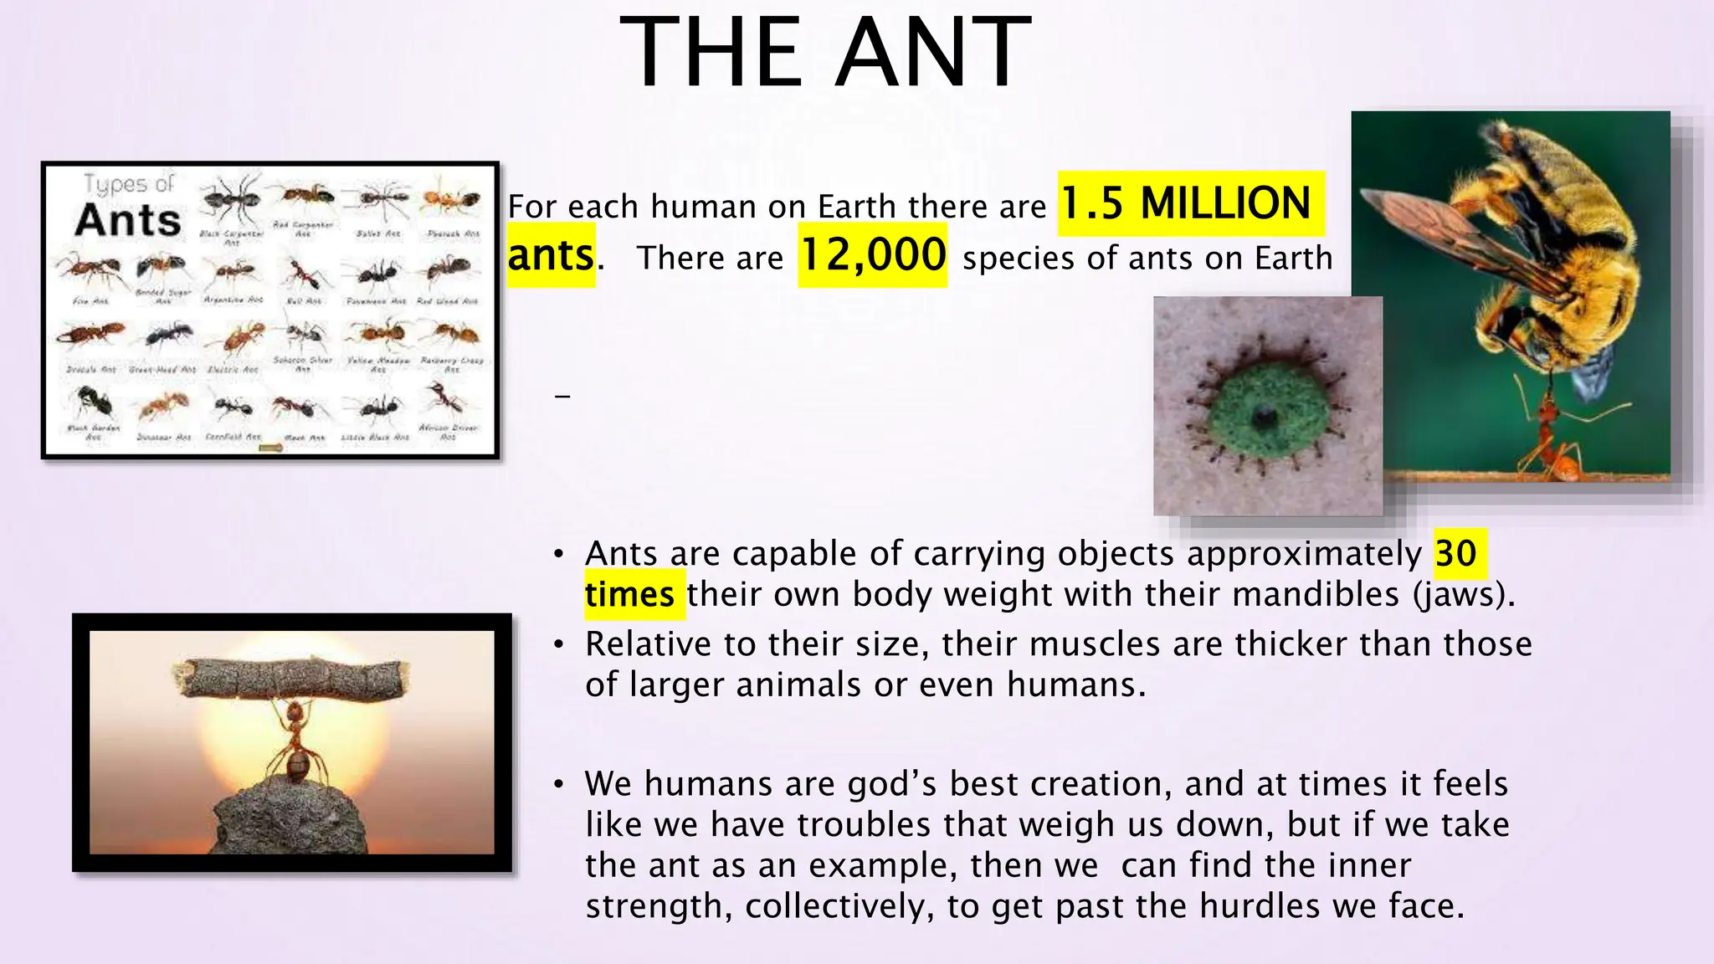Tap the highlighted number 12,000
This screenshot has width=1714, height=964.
tap(872, 255)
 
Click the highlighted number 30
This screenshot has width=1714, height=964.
tap(1456, 553)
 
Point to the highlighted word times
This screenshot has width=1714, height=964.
tap(629, 595)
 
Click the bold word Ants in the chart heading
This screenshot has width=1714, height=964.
tap(127, 220)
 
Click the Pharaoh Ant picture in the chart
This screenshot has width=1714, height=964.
tap(452, 201)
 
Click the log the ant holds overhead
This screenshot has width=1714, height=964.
tap(291, 678)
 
